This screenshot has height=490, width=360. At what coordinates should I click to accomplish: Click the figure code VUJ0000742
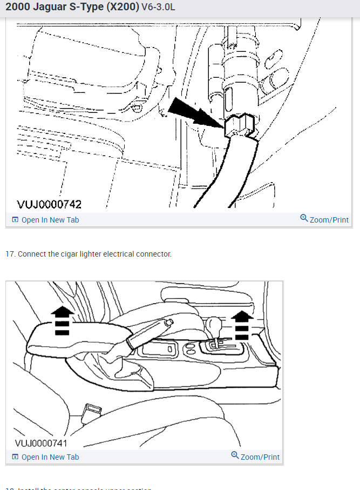[49, 204]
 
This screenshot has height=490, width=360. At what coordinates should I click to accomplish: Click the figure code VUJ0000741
[41, 444]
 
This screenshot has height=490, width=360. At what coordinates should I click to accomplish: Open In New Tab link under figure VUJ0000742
[45, 220]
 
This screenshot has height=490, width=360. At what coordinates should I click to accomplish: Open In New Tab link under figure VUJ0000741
[45, 457]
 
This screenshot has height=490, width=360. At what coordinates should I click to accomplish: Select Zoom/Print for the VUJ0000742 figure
[324, 219]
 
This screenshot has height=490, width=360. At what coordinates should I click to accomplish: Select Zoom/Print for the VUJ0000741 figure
[255, 457]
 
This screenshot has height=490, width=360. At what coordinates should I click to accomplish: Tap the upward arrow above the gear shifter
[243, 324]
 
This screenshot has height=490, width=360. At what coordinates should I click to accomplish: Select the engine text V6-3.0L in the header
[158, 8]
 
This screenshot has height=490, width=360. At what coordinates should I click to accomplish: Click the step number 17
[10, 254]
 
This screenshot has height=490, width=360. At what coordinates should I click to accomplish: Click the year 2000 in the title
[17, 8]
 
